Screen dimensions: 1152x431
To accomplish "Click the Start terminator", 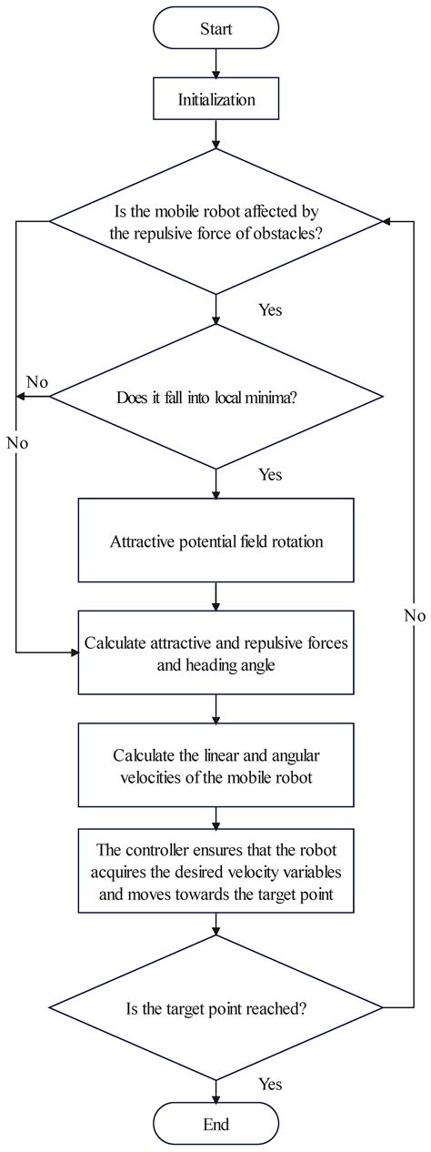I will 215,29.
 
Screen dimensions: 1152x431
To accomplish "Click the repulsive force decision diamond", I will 215,221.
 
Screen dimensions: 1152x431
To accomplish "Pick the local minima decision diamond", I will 215,397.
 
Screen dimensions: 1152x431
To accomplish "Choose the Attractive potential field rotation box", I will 215,541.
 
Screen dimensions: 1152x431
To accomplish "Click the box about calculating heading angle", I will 215,652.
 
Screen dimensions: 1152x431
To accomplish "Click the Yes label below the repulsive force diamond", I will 270,310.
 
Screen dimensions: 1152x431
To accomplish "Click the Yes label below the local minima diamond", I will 270,474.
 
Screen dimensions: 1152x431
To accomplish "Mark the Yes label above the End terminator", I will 270,1084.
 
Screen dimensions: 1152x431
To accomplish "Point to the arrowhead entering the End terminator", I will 215,1095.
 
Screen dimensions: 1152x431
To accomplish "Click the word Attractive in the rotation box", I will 139,541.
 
